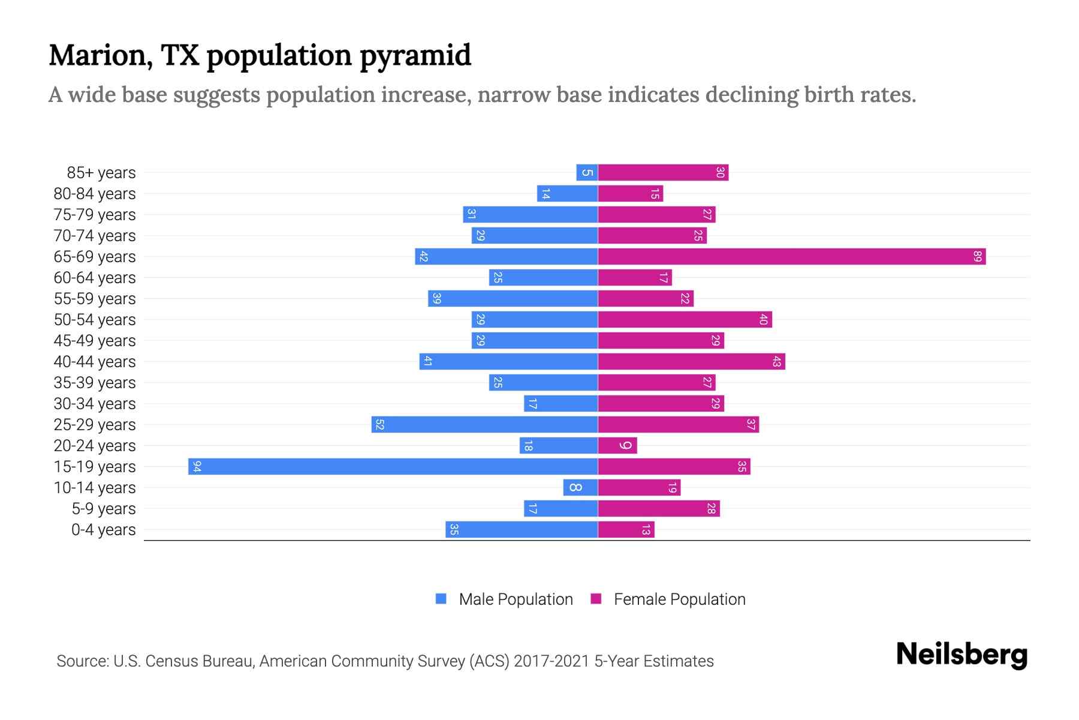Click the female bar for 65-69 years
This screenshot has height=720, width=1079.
pyautogui.click(x=791, y=257)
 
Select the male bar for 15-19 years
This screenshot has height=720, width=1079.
pyautogui.click(x=393, y=467)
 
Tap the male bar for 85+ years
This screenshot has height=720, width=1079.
pyautogui.click(x=587, y=173)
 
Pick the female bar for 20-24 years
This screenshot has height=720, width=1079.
pyautogui.click(x=617, y=446)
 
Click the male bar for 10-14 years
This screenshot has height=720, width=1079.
pyautogui.click(x=580, y=488)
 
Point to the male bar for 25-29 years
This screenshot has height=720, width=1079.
pyautogui.click(x=484, y=425)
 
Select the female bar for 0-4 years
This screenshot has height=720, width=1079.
pyautogui.click(x=626, y=530)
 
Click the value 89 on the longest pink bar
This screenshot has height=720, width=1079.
pyautogui.click(x=978, y=257)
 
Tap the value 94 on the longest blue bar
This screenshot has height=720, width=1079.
pyautogui.click(x=197, y=467)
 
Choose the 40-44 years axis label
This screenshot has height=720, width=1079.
pyautogui.click(x=95, y=362)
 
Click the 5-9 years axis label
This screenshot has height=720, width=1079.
pyautogui.click(x=104, y=509)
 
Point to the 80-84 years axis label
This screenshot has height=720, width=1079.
pyautogui.click(x=95, y=194)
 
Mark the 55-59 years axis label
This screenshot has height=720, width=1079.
pyautogui.click(x=95, y=299)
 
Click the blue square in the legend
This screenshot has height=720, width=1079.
pyautogui.click(x=441, y=599)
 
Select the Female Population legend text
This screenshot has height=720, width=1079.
pyautogui.click(x=679, y=599)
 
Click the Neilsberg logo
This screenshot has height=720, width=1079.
pyautogui.click(x=962, y=655)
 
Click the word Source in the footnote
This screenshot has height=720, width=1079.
pyautogui.click(x=82, y=661)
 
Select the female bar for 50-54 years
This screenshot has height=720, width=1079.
pyautogui.click(x=685, y=320)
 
